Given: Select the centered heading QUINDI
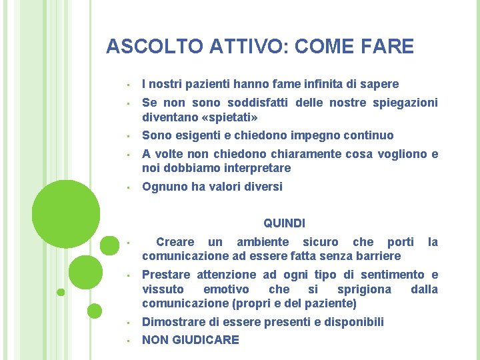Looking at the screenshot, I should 285,223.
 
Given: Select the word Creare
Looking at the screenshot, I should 175,242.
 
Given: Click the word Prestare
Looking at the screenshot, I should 166,275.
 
